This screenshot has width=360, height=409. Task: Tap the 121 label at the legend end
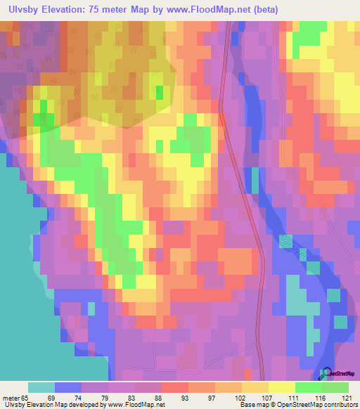[x=344, y=397]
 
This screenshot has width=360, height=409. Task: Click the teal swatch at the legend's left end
[x=41, y=387]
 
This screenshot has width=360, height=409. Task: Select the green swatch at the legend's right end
[x=335, y=387]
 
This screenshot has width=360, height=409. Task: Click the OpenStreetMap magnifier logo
[x=326, y=374]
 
